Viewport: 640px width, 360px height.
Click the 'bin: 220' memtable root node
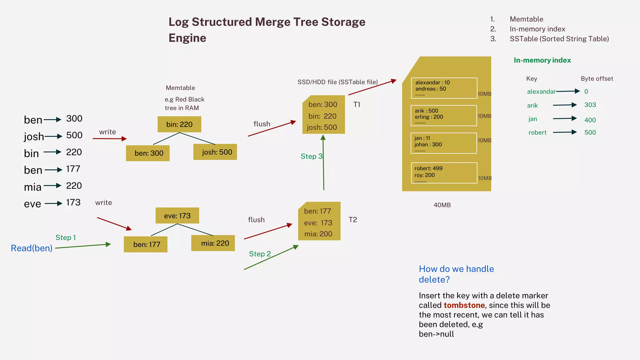(179, 124)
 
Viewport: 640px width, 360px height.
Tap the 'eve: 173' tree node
(177, 216)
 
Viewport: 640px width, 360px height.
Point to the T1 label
(357, 105)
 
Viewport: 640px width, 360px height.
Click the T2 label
(352, 220)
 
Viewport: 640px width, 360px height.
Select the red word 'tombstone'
(464, 305)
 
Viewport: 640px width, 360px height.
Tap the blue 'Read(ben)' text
(32, 248)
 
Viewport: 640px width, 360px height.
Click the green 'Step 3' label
(311, 156)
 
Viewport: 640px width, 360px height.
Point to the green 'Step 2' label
(260, 254)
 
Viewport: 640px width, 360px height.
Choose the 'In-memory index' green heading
(542, 60)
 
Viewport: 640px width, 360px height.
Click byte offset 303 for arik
(590, 105)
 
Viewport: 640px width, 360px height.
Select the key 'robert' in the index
(537, 132)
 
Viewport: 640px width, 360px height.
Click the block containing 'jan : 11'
(444, 143)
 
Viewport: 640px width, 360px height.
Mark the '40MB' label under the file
(442, 205)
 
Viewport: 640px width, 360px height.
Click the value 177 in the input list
(73, 169)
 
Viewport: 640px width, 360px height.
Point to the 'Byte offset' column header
(597, 79)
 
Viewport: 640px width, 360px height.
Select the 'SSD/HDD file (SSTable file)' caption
(337, 82)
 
